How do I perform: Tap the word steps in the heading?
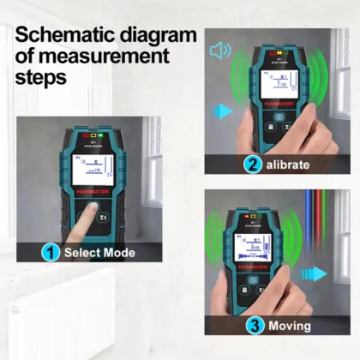point(42,77)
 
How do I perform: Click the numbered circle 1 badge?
point(51,253)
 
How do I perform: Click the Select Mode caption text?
point(101,253)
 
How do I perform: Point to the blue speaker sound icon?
point(220,50)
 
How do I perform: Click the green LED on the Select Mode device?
point(100,135)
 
